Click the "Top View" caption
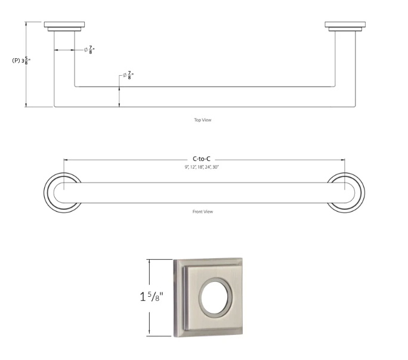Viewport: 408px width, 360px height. [203, 120]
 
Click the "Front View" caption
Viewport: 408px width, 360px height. [203, 212]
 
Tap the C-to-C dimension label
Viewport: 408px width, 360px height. [202, 159]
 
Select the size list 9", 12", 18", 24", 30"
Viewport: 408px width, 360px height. [202, 167]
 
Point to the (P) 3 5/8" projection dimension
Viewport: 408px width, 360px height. [21, 61]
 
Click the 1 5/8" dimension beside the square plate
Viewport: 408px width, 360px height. [152, 297]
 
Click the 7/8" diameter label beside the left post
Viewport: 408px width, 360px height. [89, 49]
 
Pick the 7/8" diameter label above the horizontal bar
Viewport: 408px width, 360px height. [128, 75]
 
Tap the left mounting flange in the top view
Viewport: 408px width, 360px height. [64, 26]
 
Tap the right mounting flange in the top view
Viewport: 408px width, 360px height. [345, 26]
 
